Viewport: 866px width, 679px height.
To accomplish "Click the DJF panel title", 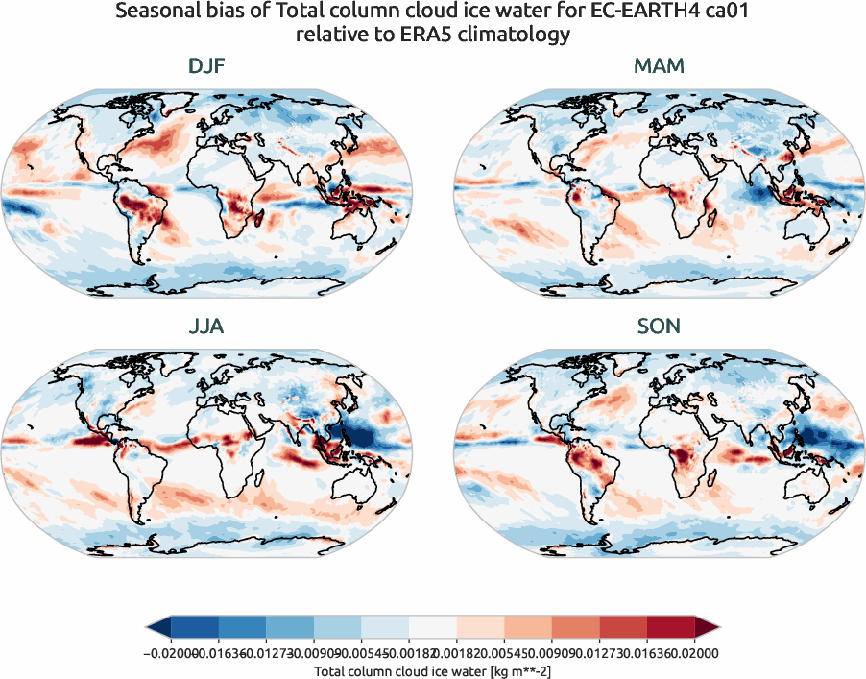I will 206,67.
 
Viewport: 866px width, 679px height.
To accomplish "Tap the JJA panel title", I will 206,327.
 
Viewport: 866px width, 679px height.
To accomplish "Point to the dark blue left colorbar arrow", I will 158,628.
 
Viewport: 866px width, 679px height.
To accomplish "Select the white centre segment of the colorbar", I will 433,628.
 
